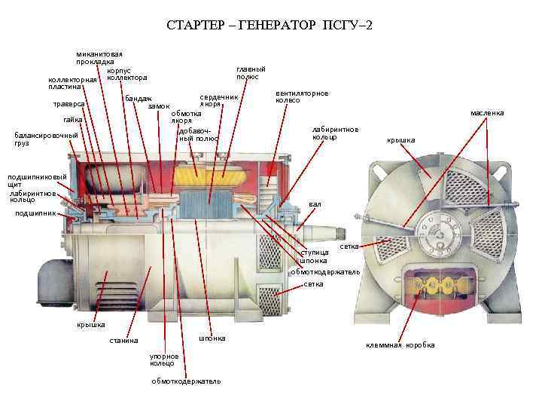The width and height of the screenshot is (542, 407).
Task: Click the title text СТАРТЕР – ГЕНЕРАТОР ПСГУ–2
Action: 269,26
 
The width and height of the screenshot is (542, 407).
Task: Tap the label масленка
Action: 487,113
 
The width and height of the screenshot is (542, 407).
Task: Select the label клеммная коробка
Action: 400,345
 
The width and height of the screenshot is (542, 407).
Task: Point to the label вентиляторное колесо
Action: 302,97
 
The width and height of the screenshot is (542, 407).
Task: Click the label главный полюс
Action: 247,73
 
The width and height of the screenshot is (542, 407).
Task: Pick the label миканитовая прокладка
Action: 99,58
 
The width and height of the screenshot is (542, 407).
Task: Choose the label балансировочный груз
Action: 46,139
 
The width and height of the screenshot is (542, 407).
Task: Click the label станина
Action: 123,341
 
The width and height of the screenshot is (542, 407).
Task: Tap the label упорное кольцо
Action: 164,360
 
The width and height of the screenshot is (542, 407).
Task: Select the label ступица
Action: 315,252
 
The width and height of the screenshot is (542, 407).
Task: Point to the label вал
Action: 315,203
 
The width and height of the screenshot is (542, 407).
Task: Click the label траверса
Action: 68,104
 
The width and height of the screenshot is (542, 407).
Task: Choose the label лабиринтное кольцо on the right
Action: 335,133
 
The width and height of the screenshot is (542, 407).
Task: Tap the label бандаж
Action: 139,99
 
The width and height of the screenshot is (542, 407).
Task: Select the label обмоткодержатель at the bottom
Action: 186,381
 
